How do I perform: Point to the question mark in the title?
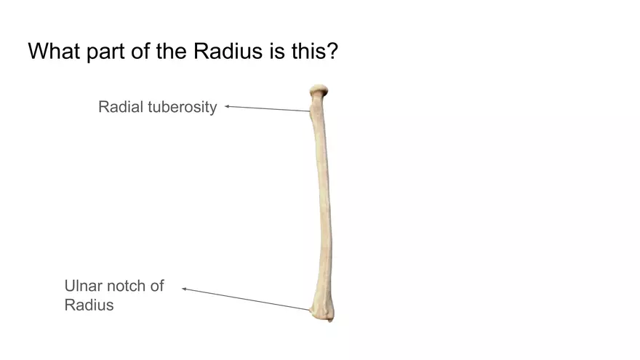pyautogui.click(x=332, y=52)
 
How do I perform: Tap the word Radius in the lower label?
pyautogui.click(x=89, y=305)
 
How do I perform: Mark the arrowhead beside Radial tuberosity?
pyautogui.click(x=227, y=106)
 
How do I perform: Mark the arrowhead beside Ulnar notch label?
pyautogui.click(x=184, y=289)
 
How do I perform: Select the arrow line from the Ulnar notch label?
pyautogui.click(x=247, y=300)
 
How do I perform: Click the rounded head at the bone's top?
pyautogui.click(x=319, y=91)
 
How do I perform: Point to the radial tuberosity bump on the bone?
pyautogui.click(x=315, y=113)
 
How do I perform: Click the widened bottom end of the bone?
pyautogui.click(x=321, y=310)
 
